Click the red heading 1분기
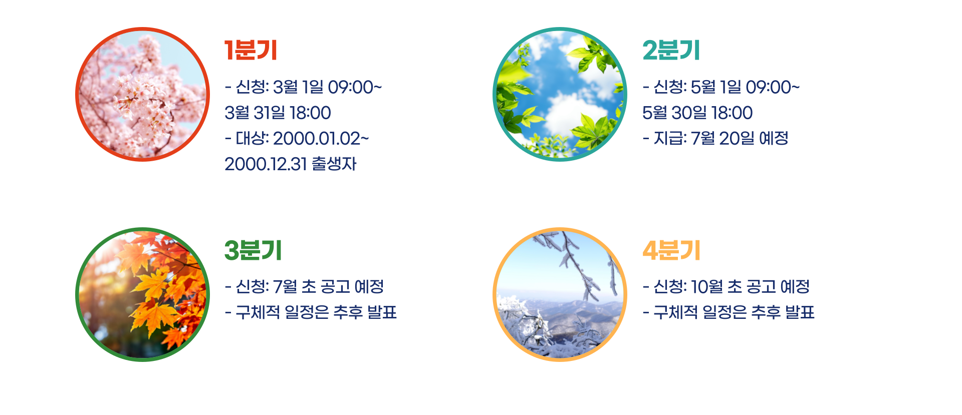251,50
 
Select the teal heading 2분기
671,50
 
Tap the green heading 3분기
253,250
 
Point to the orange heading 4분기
671,250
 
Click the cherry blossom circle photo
142,95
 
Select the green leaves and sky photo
560,95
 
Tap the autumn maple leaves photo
142,294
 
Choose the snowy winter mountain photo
560,294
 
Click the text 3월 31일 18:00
278,113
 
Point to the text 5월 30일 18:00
697,113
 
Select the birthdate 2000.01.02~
321,139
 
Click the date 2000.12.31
266,164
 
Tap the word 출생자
334,164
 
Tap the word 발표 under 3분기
382,312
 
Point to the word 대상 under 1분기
252,139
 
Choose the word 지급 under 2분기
669,139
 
